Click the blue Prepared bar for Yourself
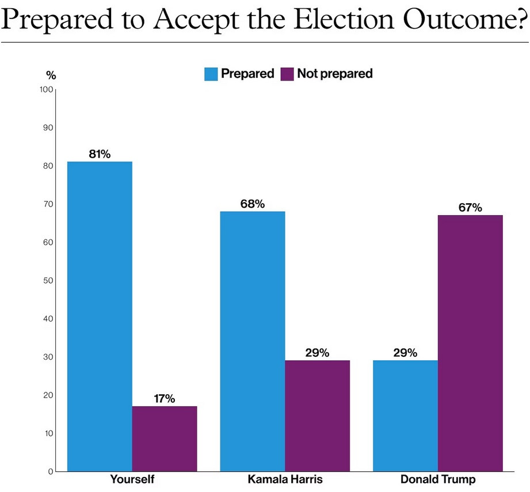pyautogui.click(x=100, y=316)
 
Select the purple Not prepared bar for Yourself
pyautogui.click(x=165, y=438)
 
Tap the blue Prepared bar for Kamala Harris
pyautogui.click(x=253, y=341)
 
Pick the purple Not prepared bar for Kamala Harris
pyautogui.click(x=317, y=415)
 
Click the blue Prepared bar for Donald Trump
pyautogui.click(x=405, y=415)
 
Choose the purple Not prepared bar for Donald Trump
pyautogui.click(x=470, y=343)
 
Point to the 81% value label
pyautogui.click(x=100, y=154)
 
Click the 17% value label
pyautogui.click(x=165, y=398)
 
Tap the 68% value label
pyautogui.click(x=253, y=204)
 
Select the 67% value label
pyautogui.click(x=470, y=208)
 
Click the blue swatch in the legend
pyautogui.click(x=211, y=74)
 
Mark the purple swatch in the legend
pyautogui.click(x=287, y=74)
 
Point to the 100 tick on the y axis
pyautogui.click(x=46, y=90)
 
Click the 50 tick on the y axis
pyautogui.click(x=48, y=280)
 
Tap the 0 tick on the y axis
pyautogui.click(x=51, y=471)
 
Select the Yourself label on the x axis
pyautogui.click(x=132, y=480)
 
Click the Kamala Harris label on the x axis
pyautogui.click(x=285, y=480)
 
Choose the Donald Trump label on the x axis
pyautogui.click(x=437, y=480)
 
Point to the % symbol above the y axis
pyautogui.click(x=51, y=75)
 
